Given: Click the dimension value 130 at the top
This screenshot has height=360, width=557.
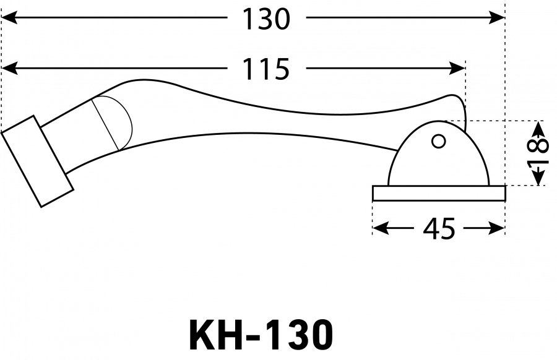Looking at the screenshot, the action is click(266, 19).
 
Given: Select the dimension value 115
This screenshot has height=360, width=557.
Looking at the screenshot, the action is click(266, 69).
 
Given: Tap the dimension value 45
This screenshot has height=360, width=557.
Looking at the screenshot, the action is click(439, 229).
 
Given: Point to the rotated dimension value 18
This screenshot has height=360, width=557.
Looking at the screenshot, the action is click(538, 153).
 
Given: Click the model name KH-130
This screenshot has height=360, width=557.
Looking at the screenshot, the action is click(261, 335).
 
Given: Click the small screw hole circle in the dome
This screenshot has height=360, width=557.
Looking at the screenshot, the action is click(439, 141).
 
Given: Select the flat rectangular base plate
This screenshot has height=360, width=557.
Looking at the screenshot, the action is click(439, 193).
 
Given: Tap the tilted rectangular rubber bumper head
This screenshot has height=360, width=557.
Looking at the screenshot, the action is click(37, 161).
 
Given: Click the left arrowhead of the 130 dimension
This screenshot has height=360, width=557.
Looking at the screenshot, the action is click(9, 17).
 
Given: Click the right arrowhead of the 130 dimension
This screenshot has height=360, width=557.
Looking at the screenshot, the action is click(496, 17).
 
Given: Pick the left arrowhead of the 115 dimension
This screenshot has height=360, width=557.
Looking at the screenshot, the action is click(9, 68).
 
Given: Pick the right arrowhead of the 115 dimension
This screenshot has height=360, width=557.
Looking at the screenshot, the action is click(457, 68).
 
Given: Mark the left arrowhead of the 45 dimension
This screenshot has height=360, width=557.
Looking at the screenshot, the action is click(381, 228).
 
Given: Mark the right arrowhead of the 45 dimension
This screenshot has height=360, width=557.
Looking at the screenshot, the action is click(496, 228).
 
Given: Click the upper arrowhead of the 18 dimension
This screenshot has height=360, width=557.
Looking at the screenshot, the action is click(539, 129).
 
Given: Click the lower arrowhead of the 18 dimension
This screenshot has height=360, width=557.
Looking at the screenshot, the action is click(539, 178).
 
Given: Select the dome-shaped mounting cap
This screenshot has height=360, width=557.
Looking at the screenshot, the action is click(439, 153).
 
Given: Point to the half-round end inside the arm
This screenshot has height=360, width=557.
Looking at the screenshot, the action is click(121, 122).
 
